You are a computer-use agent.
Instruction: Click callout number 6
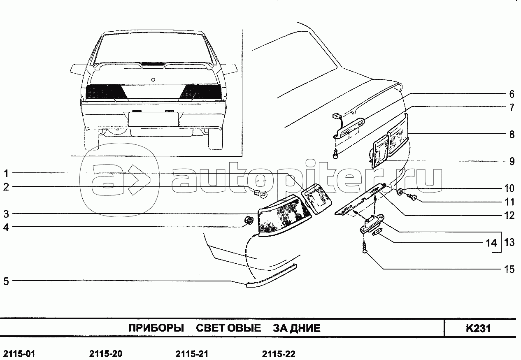(512, 93)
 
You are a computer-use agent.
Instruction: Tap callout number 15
(509, 269)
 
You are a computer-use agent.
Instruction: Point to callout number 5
(6, 281)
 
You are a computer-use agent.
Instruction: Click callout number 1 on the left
(6, 173)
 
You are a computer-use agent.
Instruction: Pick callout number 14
(491, 243)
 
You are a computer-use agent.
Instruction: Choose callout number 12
(509, 215)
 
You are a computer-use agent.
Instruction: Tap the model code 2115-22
(279, 354)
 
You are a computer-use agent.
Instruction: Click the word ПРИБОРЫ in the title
(156, 328)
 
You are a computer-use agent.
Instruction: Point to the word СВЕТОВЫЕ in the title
(228, 328)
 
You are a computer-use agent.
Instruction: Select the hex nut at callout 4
(248, 221)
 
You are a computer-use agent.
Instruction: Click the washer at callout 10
(400, 191)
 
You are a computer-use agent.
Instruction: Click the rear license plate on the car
(154, 119)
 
